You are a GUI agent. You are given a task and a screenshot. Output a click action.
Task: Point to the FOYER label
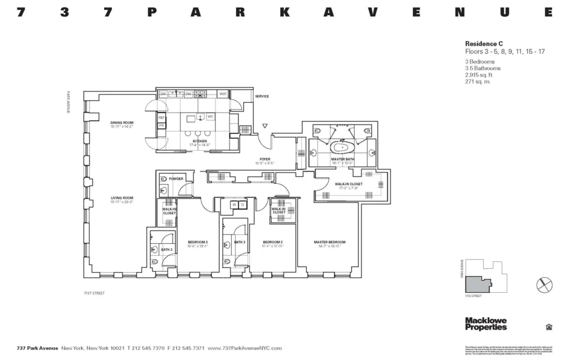click(265, 159)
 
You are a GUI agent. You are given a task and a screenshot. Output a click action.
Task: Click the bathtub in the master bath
click(343, 147)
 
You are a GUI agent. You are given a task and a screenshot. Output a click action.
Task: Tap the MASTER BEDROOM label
click(329, 242)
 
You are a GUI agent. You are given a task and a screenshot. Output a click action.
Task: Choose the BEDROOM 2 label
click(272, 242)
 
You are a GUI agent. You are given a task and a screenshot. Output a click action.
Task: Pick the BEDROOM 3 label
click(197, 242)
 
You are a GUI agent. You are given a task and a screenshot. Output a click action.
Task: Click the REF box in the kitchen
click(162, 117)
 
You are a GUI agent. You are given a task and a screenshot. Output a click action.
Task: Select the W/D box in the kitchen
click(223, 94)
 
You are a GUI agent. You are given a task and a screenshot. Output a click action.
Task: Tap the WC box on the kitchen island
click(210, 116)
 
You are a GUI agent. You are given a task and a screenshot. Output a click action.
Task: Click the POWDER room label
click(176, 179)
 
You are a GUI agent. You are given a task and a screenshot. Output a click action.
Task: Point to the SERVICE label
click(261, 97)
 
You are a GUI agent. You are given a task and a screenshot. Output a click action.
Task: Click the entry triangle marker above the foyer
click(265, 126)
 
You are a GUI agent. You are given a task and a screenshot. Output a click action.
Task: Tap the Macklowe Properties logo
click(485, 324)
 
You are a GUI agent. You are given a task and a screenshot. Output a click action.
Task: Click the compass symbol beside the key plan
click(544, 284)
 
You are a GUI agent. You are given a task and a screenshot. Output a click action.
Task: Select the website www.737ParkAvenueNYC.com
click(245, 348)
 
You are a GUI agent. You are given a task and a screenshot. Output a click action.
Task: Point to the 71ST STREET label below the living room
click(94, 293)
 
